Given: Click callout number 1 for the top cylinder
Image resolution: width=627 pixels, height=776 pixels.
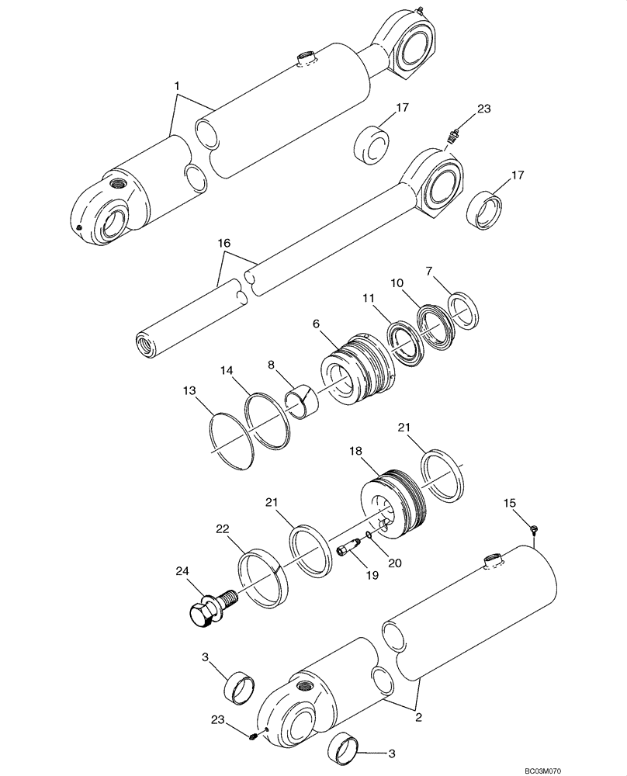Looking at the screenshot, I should (177, 84).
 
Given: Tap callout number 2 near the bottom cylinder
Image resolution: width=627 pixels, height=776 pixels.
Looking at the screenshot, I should (417, 719).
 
